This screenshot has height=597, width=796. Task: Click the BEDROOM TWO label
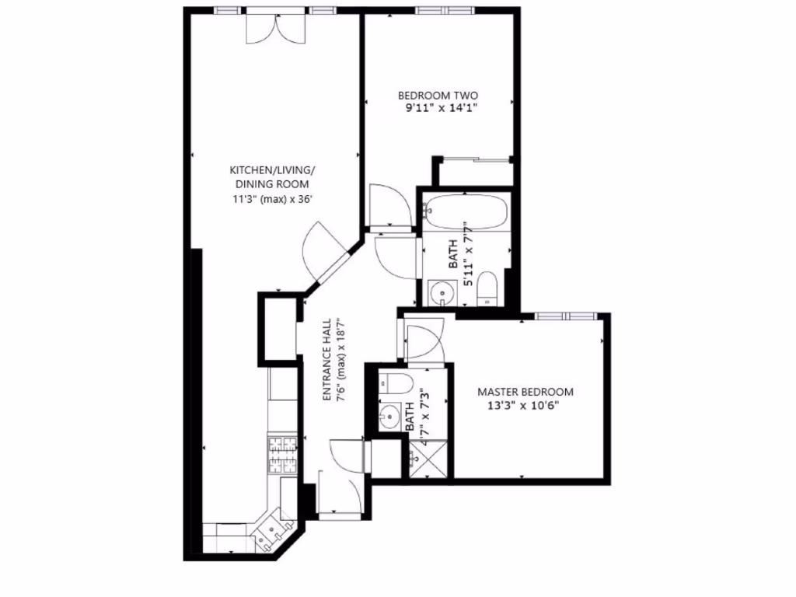tap(439, 96)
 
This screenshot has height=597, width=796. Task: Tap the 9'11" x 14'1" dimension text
tap(440, 110)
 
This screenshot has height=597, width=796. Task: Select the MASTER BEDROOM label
tap(525, 392)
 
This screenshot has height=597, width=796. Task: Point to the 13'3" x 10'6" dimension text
tap(523, 406)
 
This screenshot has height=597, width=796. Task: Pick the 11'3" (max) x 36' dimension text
tap(271, 198)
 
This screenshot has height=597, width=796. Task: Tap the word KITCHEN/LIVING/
tap(271, 170)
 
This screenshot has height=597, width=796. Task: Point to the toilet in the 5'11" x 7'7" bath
tap(488, 288)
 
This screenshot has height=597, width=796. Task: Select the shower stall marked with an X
tap(427, 458)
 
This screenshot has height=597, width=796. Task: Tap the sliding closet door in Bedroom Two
tap(472, 160)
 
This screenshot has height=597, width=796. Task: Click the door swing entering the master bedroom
tap(424, 343)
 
